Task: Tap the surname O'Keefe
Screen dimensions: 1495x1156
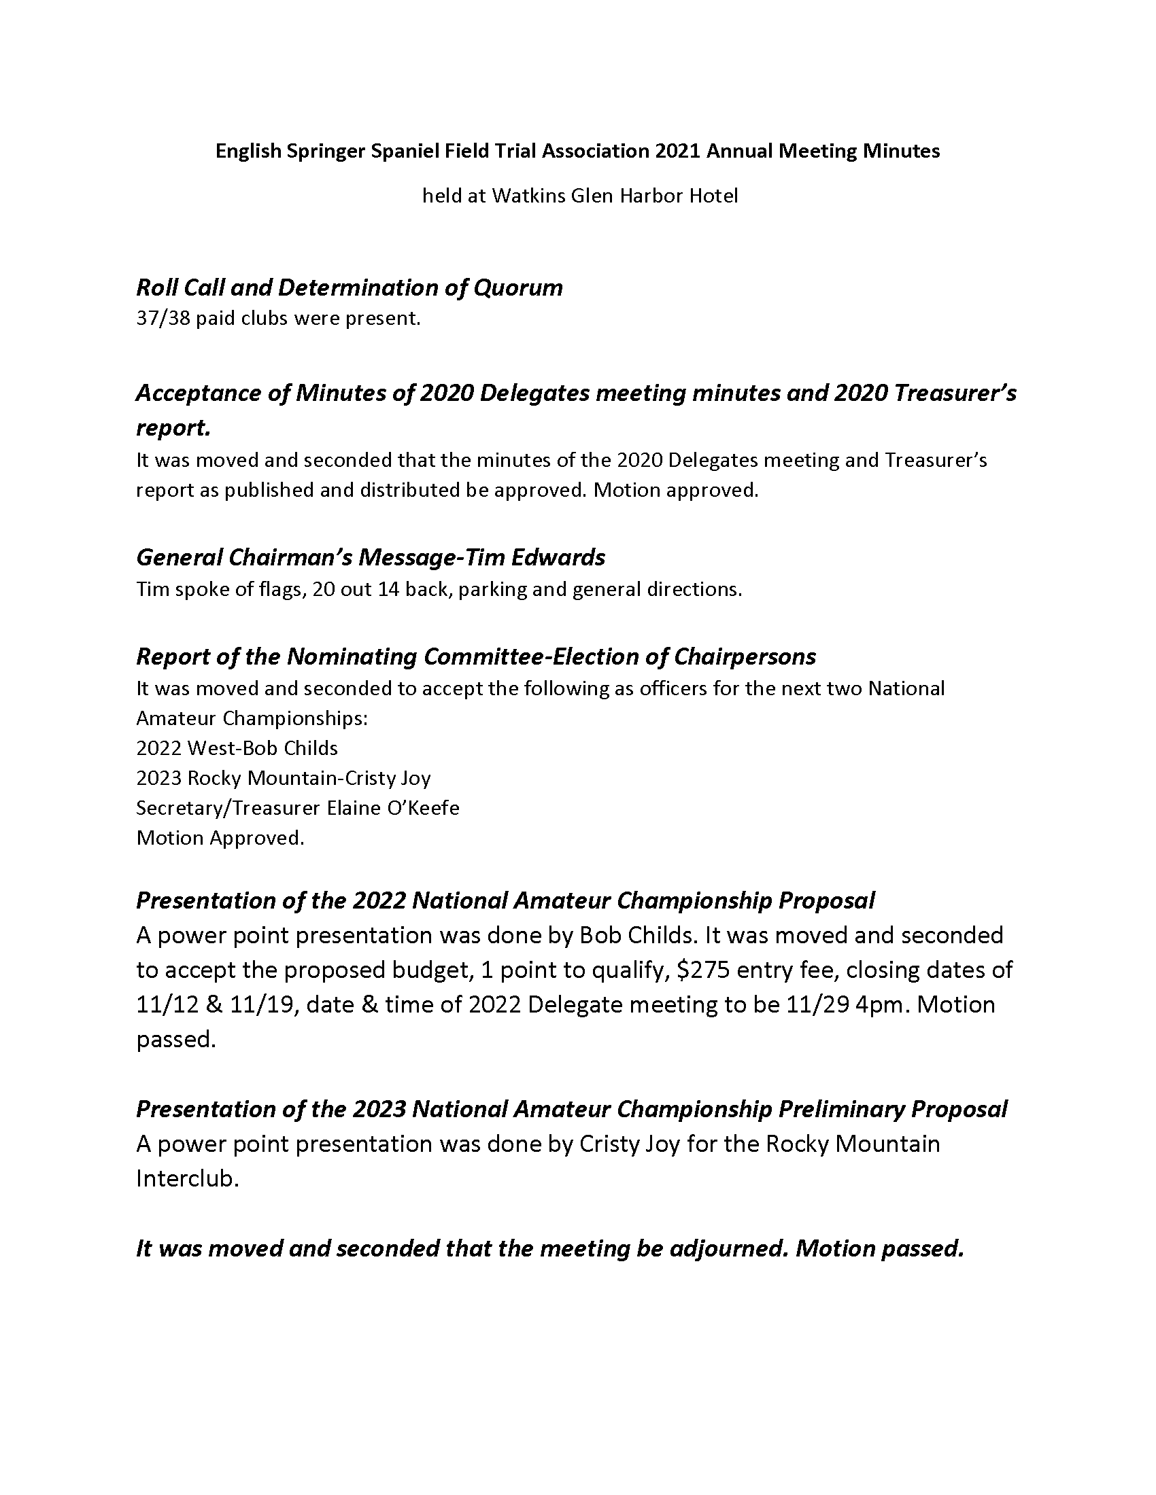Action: (426, 808)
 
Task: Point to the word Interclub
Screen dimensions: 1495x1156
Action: (187, 1179)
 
